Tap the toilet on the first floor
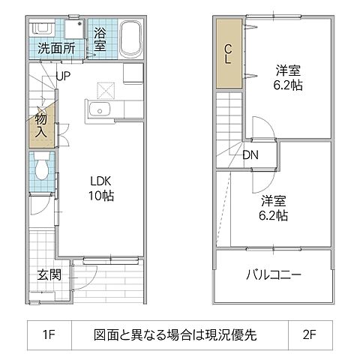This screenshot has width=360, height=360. click(x=42, y=166)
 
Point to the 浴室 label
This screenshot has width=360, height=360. click(x=100, y=40)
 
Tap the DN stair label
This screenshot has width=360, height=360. click(x=251, y=156)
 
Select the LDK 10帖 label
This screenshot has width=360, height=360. click(x=102, y=188)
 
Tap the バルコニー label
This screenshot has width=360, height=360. click(x=274, y=275)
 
